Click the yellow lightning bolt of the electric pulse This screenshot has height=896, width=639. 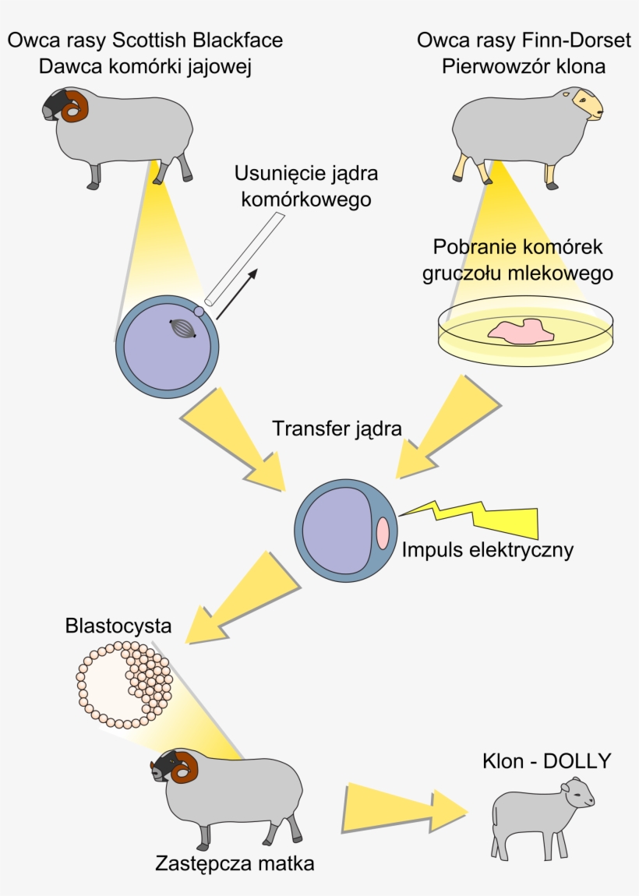tap(483, 518)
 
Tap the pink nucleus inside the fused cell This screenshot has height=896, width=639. tap(383, 534)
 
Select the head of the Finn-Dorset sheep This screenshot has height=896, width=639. tap(588, 106)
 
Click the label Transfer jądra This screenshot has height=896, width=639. tap(337, 429)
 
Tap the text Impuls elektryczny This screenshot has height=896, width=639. tap(488, 550)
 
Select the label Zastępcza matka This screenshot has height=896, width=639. tap(235, 863)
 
